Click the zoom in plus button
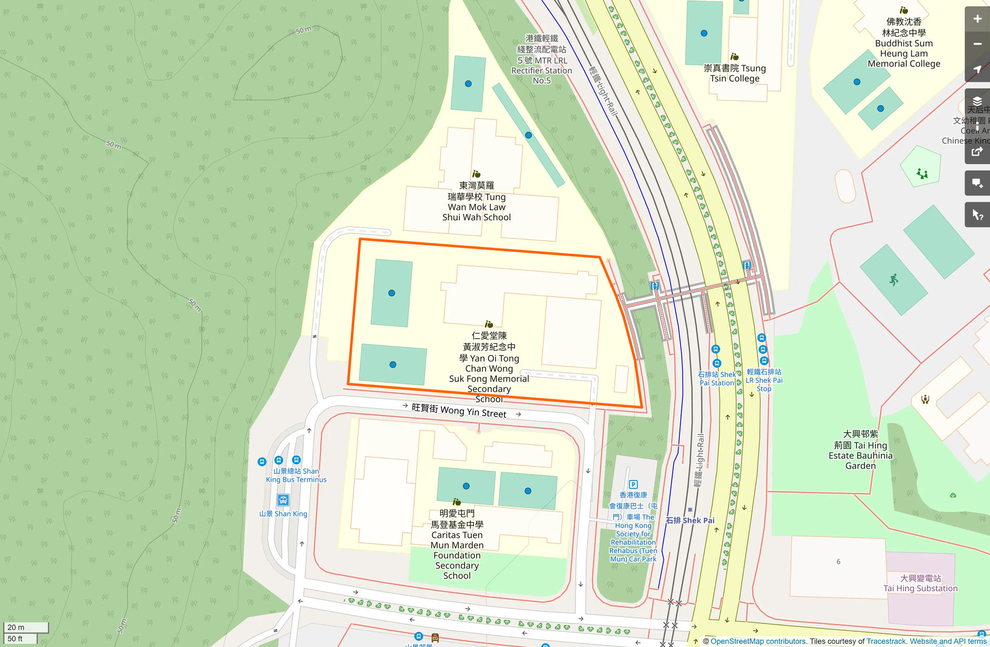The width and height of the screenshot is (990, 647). click(977, 19)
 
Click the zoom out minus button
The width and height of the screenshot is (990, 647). click(977, 44)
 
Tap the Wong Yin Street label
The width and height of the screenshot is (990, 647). click(459, 411)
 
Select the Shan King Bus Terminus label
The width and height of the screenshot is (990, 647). click(296, 476)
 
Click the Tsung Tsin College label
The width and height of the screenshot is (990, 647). click(735, 73)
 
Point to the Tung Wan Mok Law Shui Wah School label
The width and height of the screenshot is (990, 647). click(477, 201)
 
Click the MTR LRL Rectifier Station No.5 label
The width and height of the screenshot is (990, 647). click(541, 59)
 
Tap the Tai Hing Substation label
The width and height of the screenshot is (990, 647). click(920, 583)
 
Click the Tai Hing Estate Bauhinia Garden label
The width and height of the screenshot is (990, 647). click(860, 450)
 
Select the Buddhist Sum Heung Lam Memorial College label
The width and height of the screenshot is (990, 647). click(904, 43)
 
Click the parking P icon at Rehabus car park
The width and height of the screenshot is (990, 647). click(633, 484)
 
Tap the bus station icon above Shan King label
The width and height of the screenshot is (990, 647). click(283, 500)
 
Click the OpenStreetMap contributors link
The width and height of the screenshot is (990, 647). click(757, 641)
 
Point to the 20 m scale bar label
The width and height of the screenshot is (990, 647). click(16, 627)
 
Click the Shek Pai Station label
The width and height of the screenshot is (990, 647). click(716, 379)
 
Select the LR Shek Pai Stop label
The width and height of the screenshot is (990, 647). click(764, 380)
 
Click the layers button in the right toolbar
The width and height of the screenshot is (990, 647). click(977, 101)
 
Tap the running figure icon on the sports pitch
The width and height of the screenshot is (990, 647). click(894, 280)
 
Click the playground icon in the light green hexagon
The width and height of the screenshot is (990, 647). click(922, 174)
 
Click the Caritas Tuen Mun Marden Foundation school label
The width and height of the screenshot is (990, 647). click(457, 544)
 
